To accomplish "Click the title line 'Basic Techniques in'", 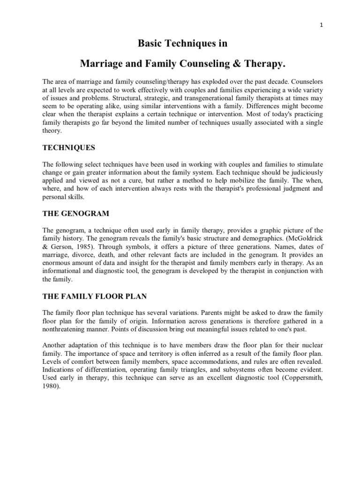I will pyautogui.click(x=182, y=44).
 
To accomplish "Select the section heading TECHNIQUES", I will pyautogui.click(x=69, y=148).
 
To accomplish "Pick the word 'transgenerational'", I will pyautogui.click(x=187, y=99).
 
